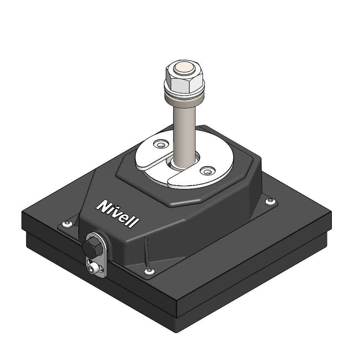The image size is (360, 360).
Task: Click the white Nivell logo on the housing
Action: pyautogui.click(x=118, y=213)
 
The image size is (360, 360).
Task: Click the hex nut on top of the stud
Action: pyautogui.click(x=184, y=77)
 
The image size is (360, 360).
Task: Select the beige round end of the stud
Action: pyautogui.click(x=184, y=68)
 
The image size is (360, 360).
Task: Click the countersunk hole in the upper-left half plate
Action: pyautogui.click(x=161, y=144)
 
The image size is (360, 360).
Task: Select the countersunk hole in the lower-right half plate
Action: pyautogui.click(x=208, y=171)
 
